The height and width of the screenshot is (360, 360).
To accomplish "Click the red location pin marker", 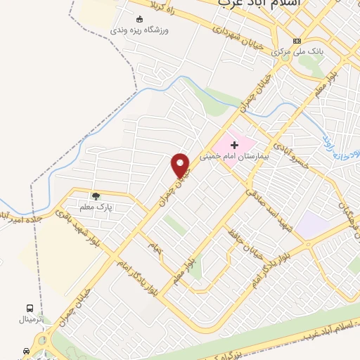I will pyautogui.click(x=181, y=166).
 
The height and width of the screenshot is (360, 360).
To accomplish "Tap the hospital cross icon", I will pyautogui.click(x=235, y=146).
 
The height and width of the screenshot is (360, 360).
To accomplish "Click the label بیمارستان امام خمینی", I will pyautogui.click(x=239, y=157).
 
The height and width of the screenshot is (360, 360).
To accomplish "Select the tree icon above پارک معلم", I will pyautogui.click(x=96, y=195).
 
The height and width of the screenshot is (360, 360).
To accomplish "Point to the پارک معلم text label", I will pyautogui.click(x=96, y=207).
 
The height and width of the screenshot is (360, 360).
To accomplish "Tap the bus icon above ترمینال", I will pyautogui.click(x=30, y=308).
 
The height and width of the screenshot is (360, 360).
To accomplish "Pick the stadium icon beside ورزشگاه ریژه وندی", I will pyautogui.click(x=139, y=19).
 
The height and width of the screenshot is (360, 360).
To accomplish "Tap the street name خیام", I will pyautogui.click(x=154, y=248).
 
